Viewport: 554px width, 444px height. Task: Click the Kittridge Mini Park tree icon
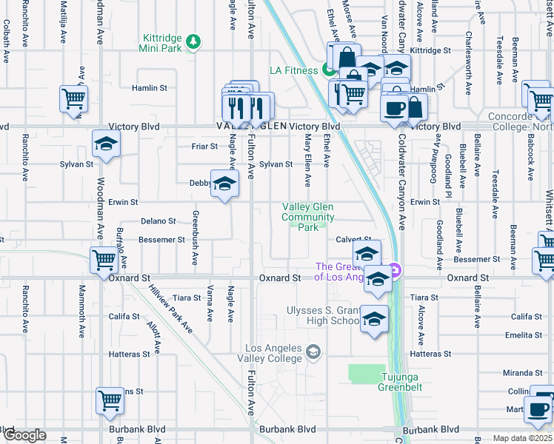pyautogui.click(x=194, y=41)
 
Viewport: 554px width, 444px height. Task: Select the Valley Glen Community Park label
pyautogui.click(x=307, y=217)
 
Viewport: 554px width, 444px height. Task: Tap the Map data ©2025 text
pyautogui.click(x=522, y=438)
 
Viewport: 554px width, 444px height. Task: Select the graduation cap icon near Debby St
pyautogui.click(x=224, y=184)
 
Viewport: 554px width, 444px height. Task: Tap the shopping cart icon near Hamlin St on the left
pyautogui.click(x=74, y=98)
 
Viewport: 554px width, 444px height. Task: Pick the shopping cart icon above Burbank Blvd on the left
pyautogui.click(x=110, y=400)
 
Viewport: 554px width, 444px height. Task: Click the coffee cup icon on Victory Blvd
pyautogui.click(x=394, y=108)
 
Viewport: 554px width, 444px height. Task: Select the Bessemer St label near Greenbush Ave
pyautogui.click(x=161, y=240)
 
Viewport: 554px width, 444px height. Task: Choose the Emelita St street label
pyautogui.click(x=525, y=335)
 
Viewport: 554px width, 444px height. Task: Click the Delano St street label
pyautogui.click(x=158, y=221)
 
